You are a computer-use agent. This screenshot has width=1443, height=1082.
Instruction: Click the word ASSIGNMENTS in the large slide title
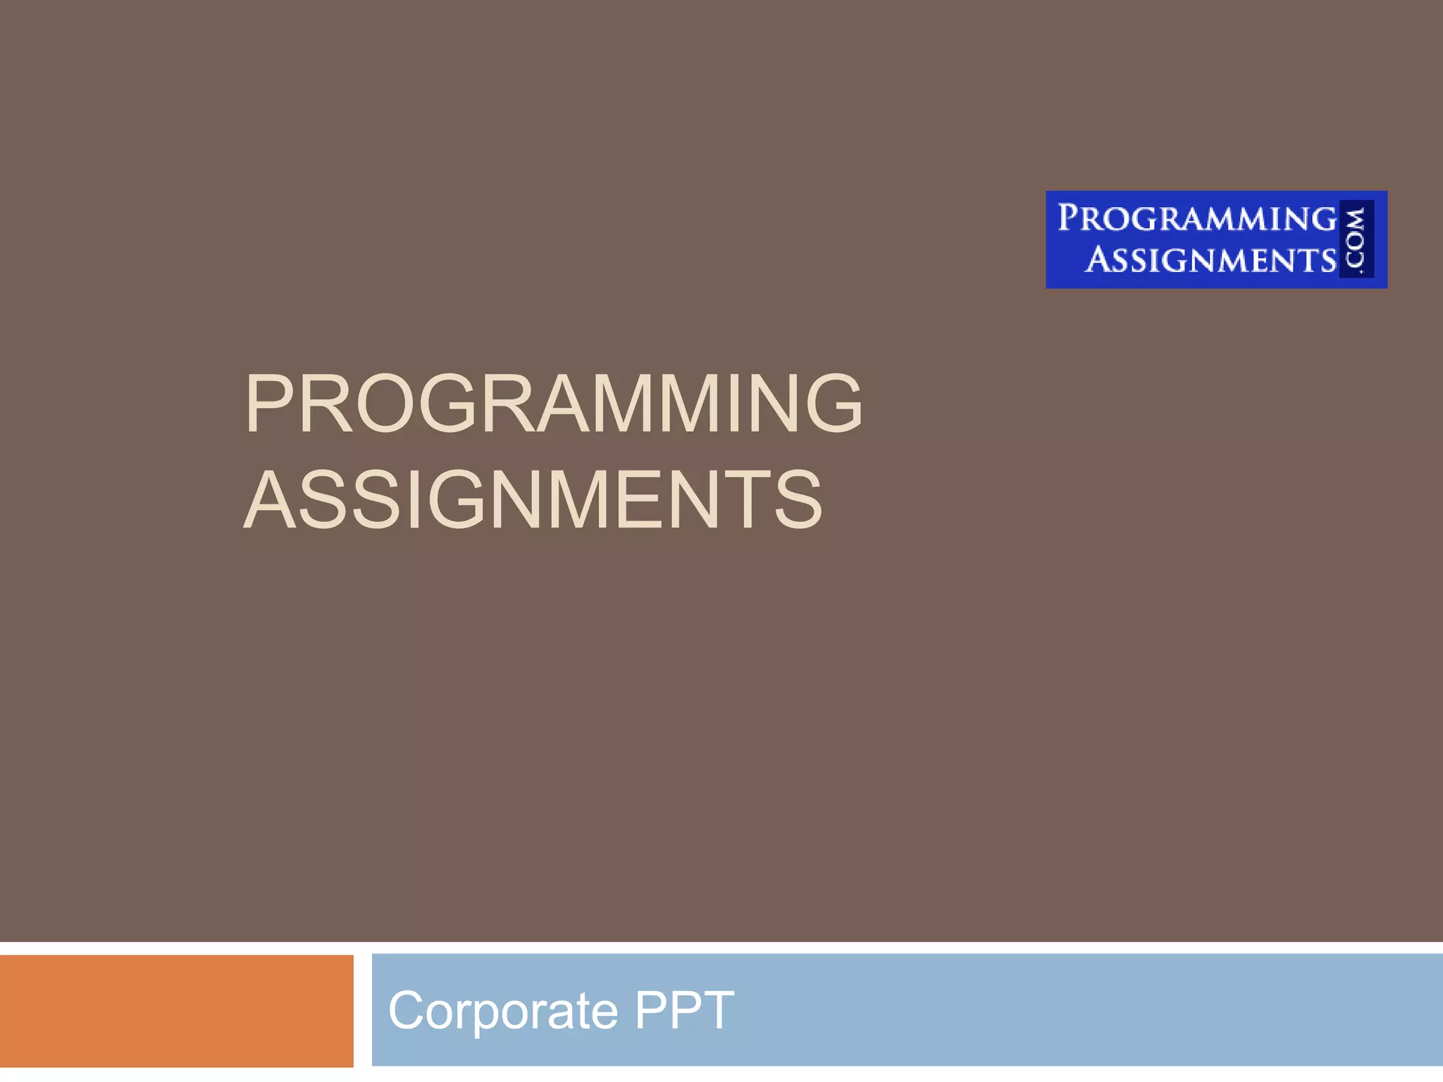pyautogui.click(x=533, y=499)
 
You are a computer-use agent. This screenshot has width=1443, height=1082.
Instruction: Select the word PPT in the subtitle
pyautogui.click(x=684, y=1010)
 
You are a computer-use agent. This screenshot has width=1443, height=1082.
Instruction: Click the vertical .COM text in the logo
pyautogui.click(x=1356, y=239)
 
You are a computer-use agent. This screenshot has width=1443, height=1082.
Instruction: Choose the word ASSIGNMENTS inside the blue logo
pyautogui.click(x=1210, y=260)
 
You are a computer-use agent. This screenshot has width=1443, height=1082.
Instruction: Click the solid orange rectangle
pyautogui.click(x=176, y=1011)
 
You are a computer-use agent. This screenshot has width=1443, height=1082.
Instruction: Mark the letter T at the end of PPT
pyautogui.click(x=717, y=1010)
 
